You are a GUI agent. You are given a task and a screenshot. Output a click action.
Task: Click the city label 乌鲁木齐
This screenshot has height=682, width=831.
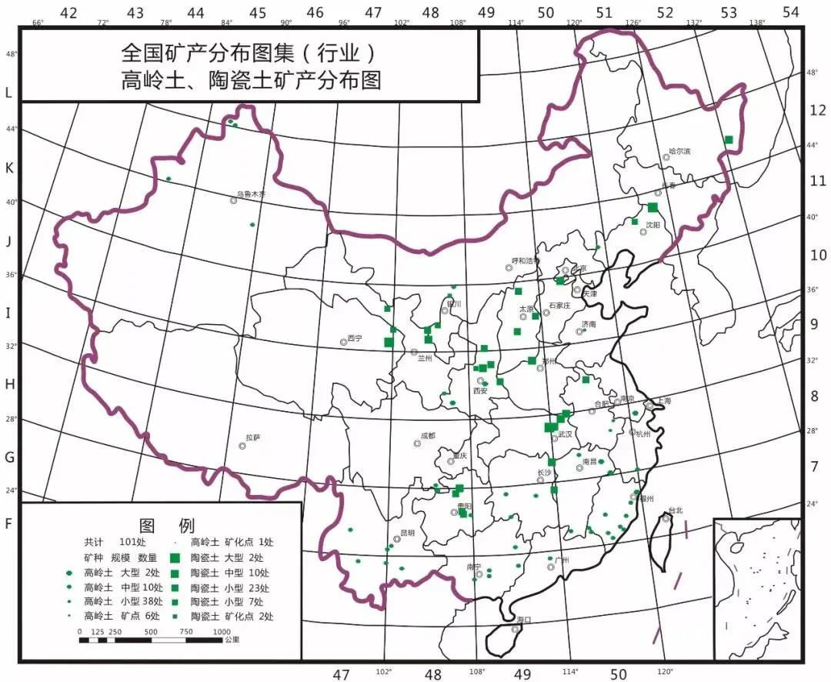(x=251, y=195)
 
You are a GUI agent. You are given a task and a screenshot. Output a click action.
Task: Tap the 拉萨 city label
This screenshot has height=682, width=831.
(x=253, y=438)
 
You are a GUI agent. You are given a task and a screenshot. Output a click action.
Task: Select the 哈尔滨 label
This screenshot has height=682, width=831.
(x=677, y=152)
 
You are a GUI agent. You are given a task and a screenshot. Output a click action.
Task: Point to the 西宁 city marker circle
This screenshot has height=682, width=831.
(x=344, y=341)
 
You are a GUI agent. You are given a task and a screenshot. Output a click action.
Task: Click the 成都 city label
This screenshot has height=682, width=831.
(x=428, y=436)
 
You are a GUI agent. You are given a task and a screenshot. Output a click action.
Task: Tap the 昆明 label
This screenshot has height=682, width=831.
(x=407, y=532)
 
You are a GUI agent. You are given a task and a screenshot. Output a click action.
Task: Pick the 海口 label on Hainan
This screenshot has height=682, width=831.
(x=524, y=620)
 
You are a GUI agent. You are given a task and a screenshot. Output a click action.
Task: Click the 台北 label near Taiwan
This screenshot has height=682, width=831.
(x=675, y=510)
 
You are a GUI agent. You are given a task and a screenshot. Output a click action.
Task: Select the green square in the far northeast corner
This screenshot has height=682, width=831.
(x=729, y=139)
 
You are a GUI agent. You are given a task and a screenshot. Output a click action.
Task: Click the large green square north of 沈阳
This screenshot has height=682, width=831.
(x=652, y=207)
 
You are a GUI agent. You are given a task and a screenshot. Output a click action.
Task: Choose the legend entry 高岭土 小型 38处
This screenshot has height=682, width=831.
(x=122, y=602)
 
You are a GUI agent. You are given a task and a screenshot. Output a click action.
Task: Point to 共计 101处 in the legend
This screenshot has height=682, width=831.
(x=115, y=542)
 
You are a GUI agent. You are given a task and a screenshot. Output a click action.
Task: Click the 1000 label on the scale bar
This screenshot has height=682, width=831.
(x=222, y=631)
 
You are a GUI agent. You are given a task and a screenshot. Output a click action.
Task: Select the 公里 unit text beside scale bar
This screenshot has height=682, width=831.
(x=231, y=640)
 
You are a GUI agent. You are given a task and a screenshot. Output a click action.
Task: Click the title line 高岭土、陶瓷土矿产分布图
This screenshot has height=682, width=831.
(x=252, y=80)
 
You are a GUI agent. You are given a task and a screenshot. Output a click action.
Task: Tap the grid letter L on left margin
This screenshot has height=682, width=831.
(x=8, y=92)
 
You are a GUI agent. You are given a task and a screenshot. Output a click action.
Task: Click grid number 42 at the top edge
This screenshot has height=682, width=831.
(x=68, y=12)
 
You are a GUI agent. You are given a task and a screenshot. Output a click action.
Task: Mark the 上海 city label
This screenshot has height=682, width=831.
(x=664, y=401)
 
